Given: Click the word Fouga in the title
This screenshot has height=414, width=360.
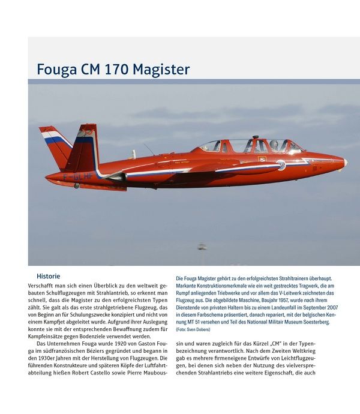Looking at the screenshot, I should (x=56, y=70).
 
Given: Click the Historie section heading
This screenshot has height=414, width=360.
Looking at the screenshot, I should (x=48, y=276).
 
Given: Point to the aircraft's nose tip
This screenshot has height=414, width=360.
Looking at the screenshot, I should (x=346, y=162).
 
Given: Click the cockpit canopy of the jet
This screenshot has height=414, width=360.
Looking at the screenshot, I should (x=252, y=146).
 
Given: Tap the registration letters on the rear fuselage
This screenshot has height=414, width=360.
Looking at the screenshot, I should (x=78, y=176).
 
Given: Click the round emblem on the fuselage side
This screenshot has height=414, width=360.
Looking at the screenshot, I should (x=281, y=165).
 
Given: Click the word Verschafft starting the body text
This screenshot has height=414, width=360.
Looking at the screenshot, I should (x=43, y=286).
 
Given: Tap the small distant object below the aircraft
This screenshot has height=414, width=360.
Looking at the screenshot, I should (x=202, y=247).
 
